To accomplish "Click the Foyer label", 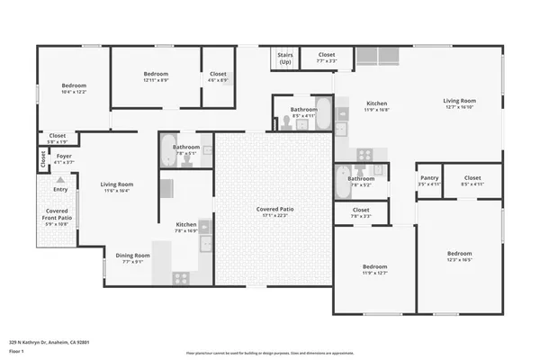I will click(64, 156).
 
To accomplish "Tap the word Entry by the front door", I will click(60, 190).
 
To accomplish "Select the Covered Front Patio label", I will click(57, 213).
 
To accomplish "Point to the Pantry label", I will click(429, 178).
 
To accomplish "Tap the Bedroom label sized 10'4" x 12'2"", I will click(73, 86).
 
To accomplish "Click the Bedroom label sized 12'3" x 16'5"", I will click(459, 254).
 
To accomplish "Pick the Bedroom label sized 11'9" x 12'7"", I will click(374, 266).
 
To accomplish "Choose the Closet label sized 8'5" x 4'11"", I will click(472, 178).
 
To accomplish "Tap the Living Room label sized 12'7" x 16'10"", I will click(459, 101).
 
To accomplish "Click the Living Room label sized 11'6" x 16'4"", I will click(117, 184).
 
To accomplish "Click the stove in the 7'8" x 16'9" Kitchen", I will click(204, 229).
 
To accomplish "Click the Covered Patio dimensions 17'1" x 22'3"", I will click(276, 215).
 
